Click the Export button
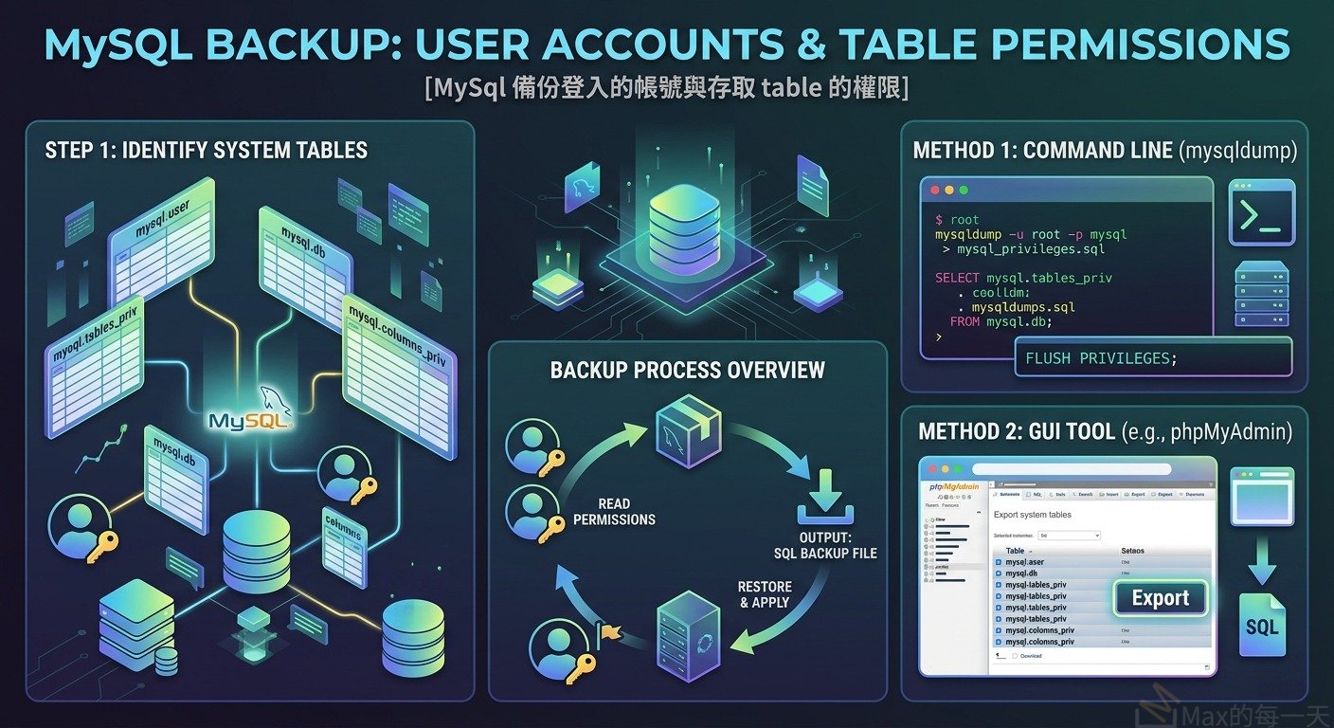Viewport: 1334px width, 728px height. click(x=1160, y=599)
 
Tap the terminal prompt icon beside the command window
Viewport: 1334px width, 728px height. click(x=1262, y=216)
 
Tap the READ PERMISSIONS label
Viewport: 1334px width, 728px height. click(x=614, y=512)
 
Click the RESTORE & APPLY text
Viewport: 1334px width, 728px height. click(x=765, y=594)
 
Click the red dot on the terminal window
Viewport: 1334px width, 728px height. click(x=935, y=190)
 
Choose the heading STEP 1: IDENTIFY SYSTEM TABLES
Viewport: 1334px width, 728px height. click(x=207, y=150)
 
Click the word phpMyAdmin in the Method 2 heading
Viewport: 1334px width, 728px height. click(x=1237, y=432)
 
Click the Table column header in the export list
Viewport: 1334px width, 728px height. click(x=1015, y=550)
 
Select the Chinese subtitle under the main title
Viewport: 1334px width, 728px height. click(x=667, y=87)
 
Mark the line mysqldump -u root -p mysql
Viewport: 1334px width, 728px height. click(x=1031, y=234)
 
